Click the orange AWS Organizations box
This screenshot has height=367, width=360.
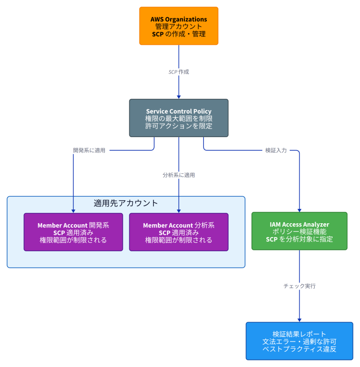pos(179,26)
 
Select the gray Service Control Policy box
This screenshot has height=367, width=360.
pos(179,118)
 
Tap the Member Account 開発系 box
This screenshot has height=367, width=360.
pos(73,232)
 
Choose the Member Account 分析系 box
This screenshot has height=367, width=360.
pos(179,232)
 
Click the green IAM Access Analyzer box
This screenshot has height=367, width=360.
pos(299,231)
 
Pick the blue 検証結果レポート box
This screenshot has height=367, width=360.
pos(299,341)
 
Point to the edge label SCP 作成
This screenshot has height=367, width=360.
pos(179,72)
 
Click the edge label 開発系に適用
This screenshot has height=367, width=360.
pos(89,150)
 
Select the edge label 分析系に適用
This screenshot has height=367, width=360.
pos(179,175)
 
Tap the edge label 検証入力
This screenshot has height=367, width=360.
pos(276,150)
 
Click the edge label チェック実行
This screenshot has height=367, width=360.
pos(299,286)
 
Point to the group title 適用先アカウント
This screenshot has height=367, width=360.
pos(126,203)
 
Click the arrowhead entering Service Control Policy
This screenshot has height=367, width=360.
pos(179,97)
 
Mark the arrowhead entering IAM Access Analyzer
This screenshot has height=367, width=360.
pos(299,211)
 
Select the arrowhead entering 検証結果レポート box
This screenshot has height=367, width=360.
pos(299,321)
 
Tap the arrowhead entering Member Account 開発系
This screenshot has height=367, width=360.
pos(73,212)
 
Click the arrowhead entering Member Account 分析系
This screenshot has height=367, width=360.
pos(179,212)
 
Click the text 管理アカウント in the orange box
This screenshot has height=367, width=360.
pos(179,27)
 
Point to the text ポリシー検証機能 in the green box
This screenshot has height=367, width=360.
pos(299,232)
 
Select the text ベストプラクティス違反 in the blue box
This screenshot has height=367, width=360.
pos(299,349)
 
